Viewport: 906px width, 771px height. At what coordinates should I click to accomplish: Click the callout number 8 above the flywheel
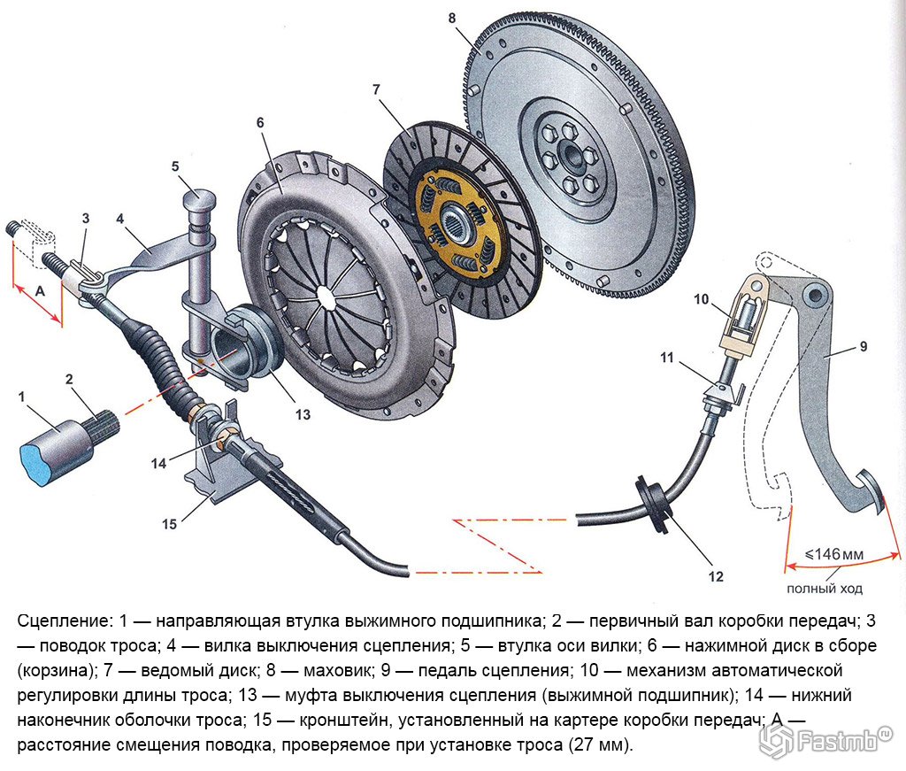pyautogui.click(x=452, y=18)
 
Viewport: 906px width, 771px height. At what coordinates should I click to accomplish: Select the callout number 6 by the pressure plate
pyautogui.click(x=260, y=123)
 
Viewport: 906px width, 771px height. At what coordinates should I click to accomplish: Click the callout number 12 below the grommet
pyautogui.click(x=716, y=576)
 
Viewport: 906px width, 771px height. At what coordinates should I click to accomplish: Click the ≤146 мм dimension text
pyautogui.click(x=833, y=554)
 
